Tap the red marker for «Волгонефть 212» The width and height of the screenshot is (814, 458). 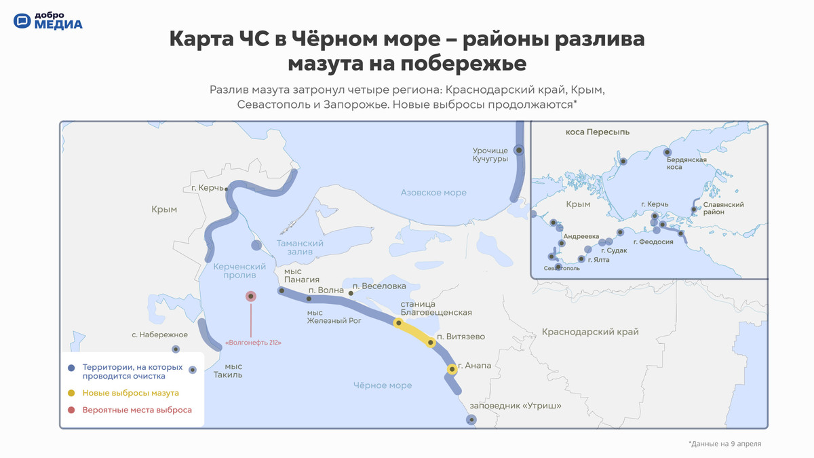(x=250, y=296)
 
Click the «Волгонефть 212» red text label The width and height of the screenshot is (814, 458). (x=253, y=343)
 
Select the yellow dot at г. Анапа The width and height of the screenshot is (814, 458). (x=452, y=369)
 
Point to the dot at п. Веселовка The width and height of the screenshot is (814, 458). (x=351, y=293)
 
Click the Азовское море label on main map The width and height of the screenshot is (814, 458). (x=433, y=192)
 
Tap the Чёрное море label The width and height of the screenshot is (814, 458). (x=383, y=385)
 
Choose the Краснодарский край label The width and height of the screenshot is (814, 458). (x=590, y=332)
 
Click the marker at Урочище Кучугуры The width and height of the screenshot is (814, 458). (x=519, y=150)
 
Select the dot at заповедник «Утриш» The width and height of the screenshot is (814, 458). (x=471, y=420)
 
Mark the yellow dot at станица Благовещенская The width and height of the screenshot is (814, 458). (x=399, y=322)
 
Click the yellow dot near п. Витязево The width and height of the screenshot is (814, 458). (x=431, y=343)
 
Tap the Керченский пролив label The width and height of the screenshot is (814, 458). (x=239, y=271)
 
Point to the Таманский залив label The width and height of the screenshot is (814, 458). (x=300, y=247)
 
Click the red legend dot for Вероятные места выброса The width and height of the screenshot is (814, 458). (x=71, y=410)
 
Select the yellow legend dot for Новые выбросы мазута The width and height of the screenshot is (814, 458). (x=71, y=393)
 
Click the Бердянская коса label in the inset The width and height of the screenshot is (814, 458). (x=686, y=164)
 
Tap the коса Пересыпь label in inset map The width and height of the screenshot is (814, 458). (x=598, y=132)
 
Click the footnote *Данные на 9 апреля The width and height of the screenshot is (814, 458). (x=724, y=444)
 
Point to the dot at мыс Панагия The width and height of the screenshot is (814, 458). (x=282, y=290)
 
